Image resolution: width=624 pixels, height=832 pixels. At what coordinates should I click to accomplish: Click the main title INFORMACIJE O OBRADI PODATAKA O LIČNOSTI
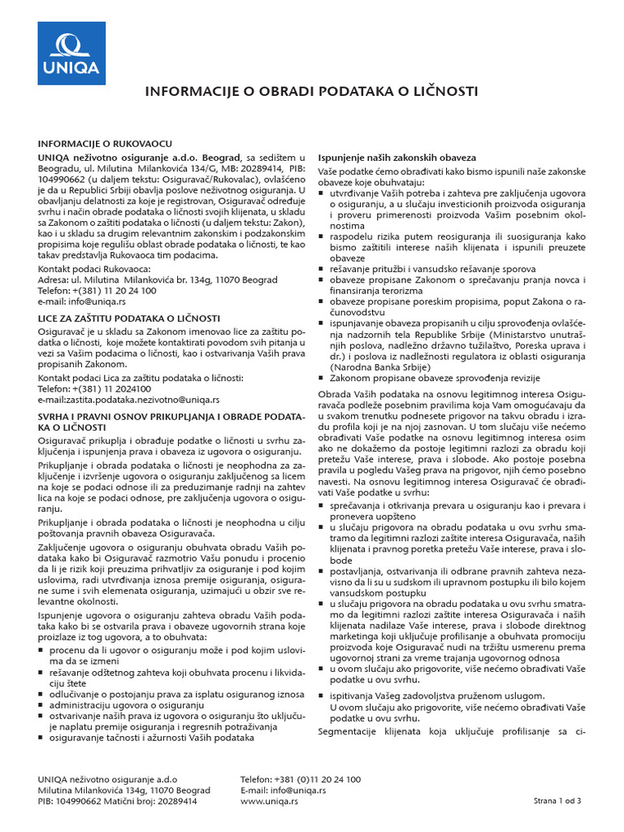click(311, 91)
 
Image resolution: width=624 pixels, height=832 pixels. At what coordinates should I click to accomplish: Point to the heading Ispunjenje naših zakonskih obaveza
click(396, 157)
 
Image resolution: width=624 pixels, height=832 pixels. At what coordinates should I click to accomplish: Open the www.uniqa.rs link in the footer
click(270, 801)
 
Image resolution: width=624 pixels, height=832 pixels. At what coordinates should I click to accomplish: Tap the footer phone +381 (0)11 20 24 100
click(301, 778)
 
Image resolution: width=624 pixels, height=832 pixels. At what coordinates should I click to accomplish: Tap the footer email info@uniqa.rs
click(284, 790)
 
